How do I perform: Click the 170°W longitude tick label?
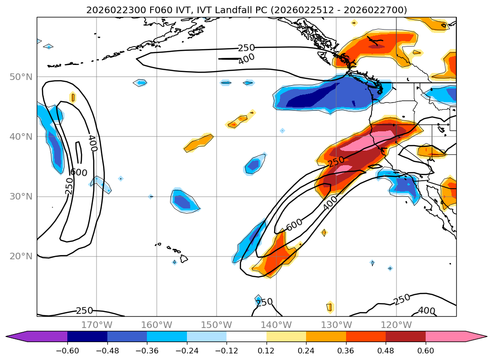click(x=97, y=325)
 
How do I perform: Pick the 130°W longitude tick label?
click(x=336, y=325)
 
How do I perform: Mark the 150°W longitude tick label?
click(x=217, y=325)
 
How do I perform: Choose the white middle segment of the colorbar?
click(x=246, y=336)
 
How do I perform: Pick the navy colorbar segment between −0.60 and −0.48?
click(x=87, y=336)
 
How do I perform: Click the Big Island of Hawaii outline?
click(x=184, y=259)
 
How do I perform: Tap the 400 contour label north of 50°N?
click(x=246, y=59)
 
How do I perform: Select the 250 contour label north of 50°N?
click(x=246, y=48)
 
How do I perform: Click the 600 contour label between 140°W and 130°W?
click(x=294, y=225)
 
